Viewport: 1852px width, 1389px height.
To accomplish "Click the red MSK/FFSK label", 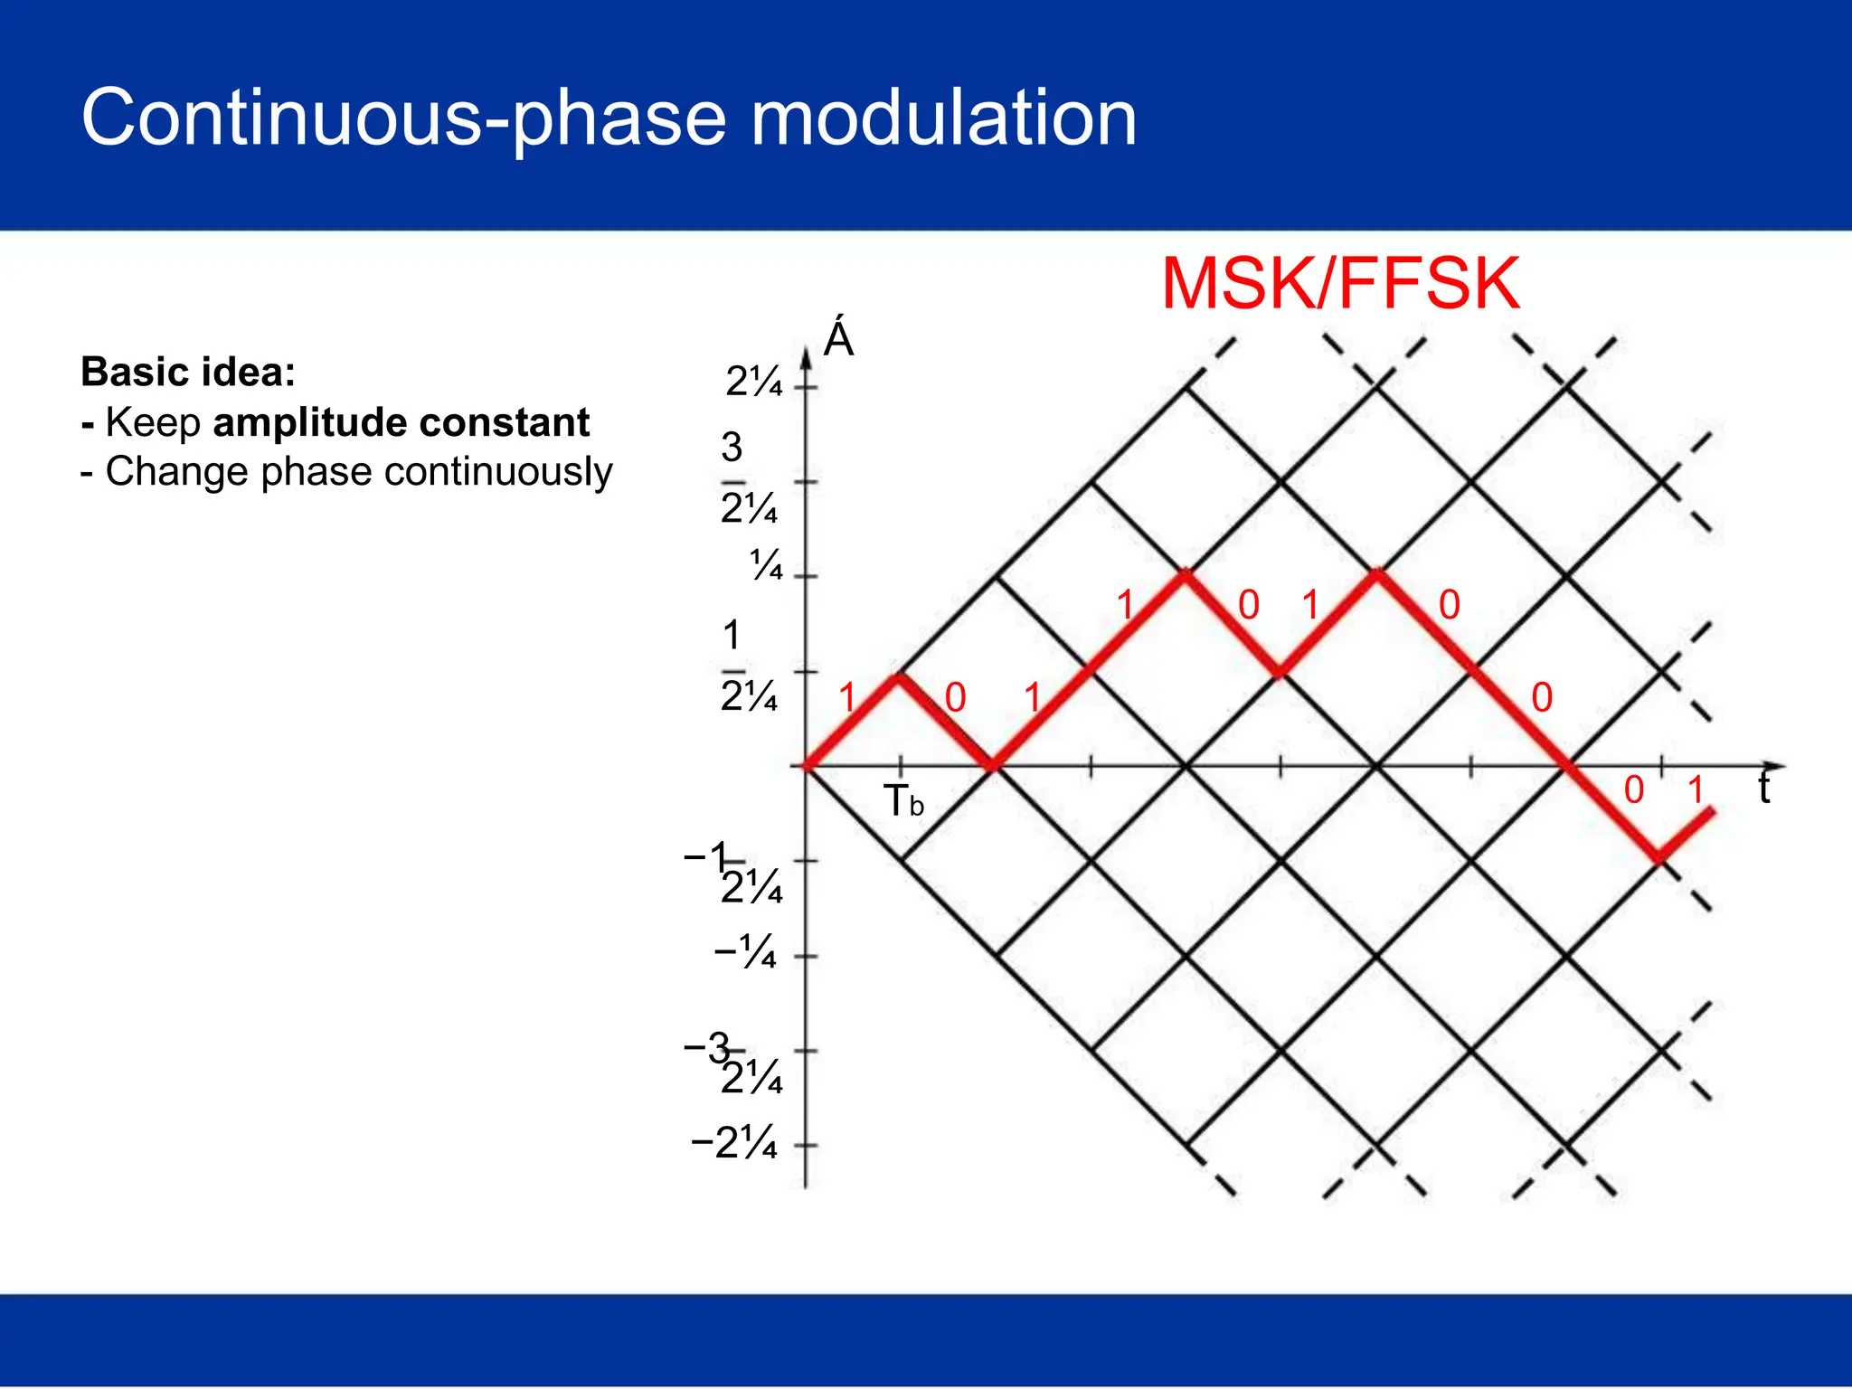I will click(1340, 284).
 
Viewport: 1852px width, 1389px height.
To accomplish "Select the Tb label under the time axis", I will click(902, 801).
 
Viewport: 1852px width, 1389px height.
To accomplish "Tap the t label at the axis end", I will click(1763, 788).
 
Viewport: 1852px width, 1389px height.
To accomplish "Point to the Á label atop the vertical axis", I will click(838, 339).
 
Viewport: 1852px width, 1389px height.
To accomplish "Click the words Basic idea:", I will click(188, 372).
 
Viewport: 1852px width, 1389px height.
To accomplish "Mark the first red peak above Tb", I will click(898, 676).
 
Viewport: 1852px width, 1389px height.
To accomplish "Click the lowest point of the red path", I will click(1659, 859).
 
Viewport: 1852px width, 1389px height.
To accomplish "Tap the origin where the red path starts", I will click(806, 767).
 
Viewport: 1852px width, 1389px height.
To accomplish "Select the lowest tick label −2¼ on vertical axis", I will click(733, 1144).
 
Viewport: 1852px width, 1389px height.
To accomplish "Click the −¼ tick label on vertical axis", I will click(745, 953).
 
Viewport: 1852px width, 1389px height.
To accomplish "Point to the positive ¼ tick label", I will click(765, 567).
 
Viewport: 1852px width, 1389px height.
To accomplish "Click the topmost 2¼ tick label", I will click(753, 383).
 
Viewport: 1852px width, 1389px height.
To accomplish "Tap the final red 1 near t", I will click(1696, 790).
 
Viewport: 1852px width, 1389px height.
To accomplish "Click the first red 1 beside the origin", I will click(847, 698).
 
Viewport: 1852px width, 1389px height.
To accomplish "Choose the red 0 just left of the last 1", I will click(1633, 790).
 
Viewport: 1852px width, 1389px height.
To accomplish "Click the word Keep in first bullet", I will click(153, 422).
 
